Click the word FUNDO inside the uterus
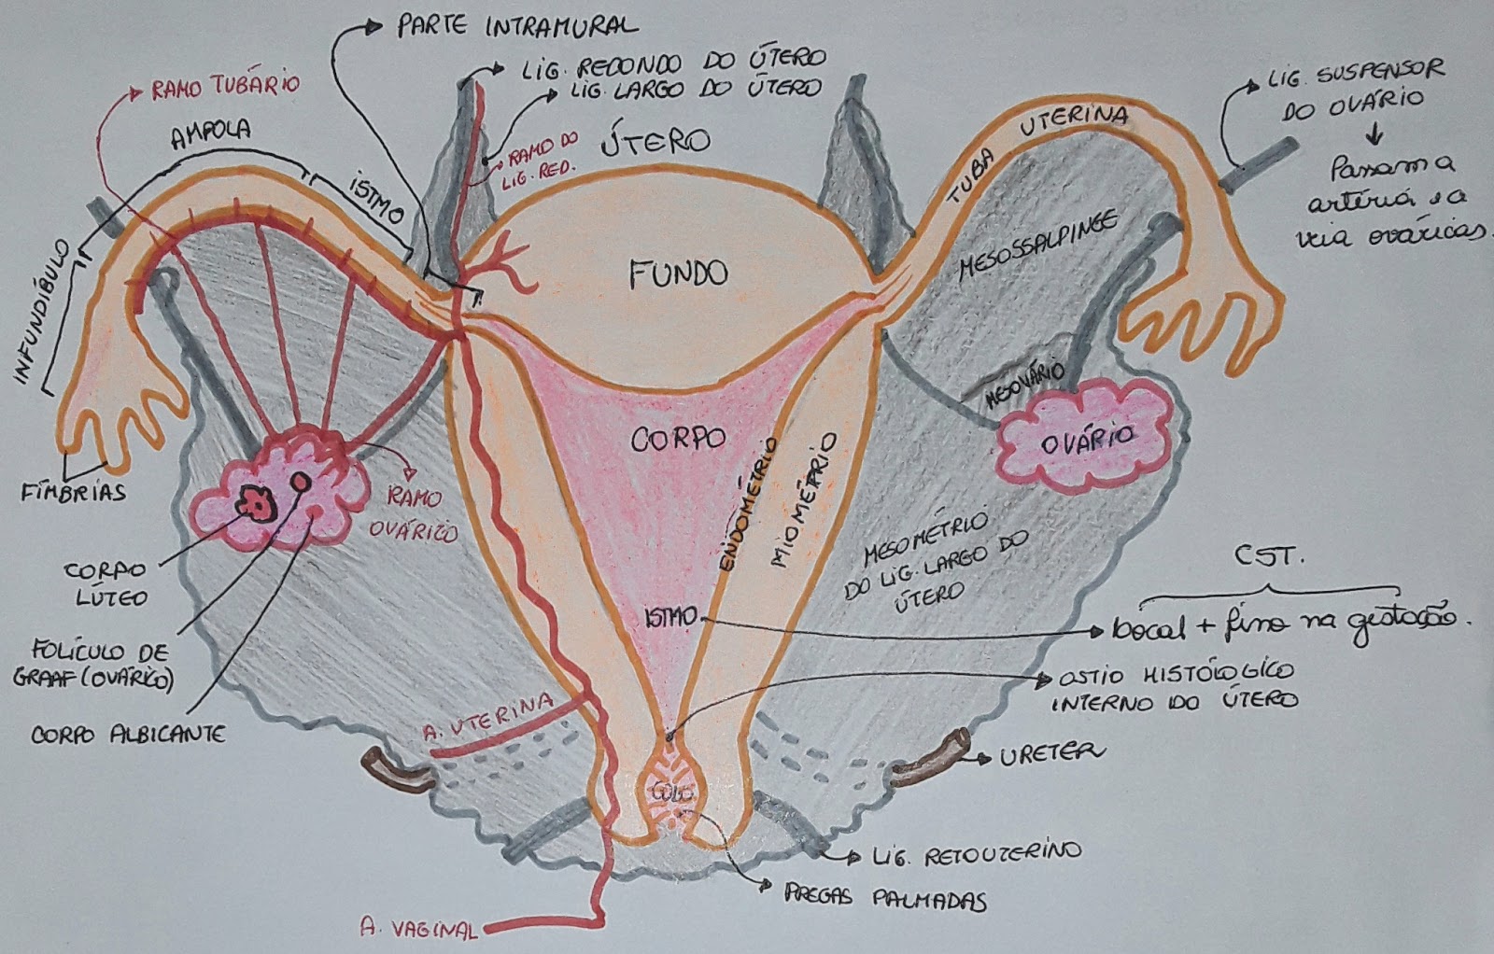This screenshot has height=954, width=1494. click(x=678, y=274)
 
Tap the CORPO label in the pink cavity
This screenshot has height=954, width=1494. click(x=678, y=439)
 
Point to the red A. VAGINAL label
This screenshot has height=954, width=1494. click(x=418, y=928)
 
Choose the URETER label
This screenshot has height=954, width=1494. click(x=1051, y=752)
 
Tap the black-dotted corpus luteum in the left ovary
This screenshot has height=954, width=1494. click(x=255, y=504)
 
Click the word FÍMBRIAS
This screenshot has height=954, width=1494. click(x=74, y=491)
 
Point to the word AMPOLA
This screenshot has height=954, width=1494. click(x=209, y=132)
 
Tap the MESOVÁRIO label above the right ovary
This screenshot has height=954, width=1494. click(x=1024, y=382)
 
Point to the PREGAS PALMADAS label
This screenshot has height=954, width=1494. click(x=885, y=899)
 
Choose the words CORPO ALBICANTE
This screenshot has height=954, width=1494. click(x=128, y=735)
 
